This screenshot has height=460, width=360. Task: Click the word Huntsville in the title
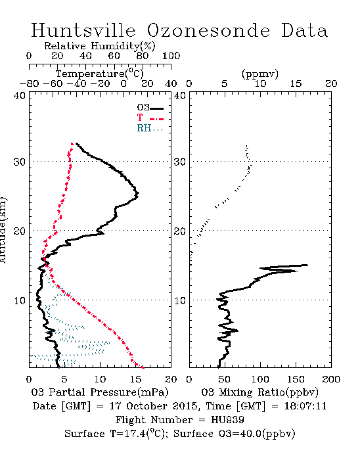pos(83,30)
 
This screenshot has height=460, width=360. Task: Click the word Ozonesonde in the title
pos(208,30)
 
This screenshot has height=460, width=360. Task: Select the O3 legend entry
pos(150,108)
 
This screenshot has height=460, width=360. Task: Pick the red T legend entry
pos(150,118)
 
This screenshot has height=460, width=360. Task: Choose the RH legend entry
pos(150,128)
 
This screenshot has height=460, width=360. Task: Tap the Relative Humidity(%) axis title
pos(100,46)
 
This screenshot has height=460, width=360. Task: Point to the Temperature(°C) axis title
pos(100,74)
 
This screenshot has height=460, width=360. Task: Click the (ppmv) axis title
pos(260,74)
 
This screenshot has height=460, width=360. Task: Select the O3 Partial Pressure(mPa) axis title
pos(100,392)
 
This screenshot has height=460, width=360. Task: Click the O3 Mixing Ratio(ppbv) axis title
pos(259,392)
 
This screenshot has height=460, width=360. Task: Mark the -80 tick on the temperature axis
pos(29,83)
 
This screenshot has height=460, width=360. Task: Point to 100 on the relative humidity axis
pos(171,56)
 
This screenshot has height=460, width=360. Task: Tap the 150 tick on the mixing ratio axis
pos(296,379)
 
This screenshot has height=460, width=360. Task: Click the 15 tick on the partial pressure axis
pos(135,379)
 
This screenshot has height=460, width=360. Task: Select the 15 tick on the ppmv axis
pos(296,83)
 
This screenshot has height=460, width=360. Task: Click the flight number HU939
pos(227,420)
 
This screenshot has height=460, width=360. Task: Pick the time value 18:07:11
pos(305,406)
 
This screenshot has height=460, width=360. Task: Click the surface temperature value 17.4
pos(135,434)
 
